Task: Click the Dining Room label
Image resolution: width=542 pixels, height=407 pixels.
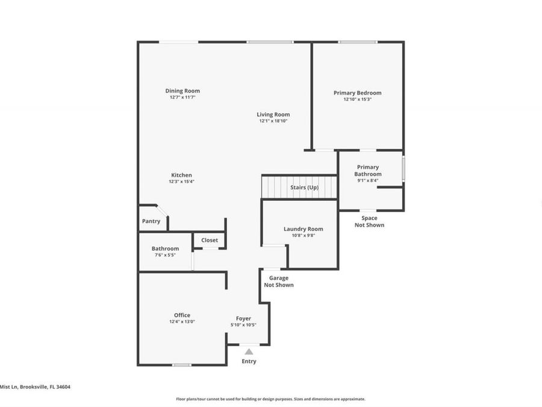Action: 182,91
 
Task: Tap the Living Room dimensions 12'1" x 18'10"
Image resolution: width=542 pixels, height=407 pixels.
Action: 273,121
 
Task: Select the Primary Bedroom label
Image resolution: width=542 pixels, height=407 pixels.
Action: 358,93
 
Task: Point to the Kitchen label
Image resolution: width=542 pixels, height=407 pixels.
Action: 181,175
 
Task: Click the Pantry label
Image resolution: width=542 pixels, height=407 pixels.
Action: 151,221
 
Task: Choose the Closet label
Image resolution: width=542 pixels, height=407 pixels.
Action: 210,240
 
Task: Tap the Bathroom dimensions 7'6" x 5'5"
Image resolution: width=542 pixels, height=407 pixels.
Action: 165,255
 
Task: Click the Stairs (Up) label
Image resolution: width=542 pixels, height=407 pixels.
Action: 304,188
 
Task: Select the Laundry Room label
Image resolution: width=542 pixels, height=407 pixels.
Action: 304,229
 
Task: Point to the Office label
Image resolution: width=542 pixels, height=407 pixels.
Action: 182,315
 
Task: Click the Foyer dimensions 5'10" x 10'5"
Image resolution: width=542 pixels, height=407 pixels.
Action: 243,325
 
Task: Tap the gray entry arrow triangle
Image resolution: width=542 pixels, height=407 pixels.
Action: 249,352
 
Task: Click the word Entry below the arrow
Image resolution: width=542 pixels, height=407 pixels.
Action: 249,361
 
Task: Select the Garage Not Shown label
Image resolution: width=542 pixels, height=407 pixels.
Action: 279,282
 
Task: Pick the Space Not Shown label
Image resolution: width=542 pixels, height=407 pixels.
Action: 369,221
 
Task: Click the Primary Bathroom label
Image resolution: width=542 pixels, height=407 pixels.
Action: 368,171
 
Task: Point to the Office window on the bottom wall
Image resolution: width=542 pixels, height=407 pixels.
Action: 181,365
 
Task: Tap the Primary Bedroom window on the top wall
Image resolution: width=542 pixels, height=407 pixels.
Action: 358,42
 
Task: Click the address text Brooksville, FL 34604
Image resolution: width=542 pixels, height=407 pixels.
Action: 46,387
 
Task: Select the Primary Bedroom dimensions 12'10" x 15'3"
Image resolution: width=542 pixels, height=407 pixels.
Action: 358,99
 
